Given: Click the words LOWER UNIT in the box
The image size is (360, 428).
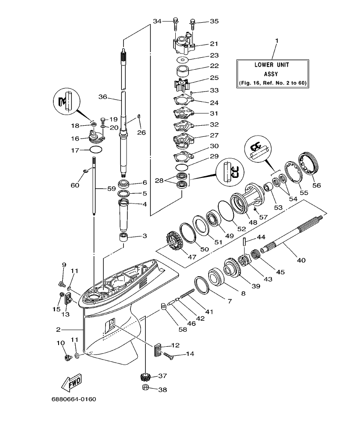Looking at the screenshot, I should tap(271, 65).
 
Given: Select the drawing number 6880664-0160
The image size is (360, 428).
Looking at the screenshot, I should tap(74, 399).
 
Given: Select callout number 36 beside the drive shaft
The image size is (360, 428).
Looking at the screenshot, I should tap(103, 97).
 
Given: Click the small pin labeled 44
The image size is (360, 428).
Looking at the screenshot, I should tap(244, 242).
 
